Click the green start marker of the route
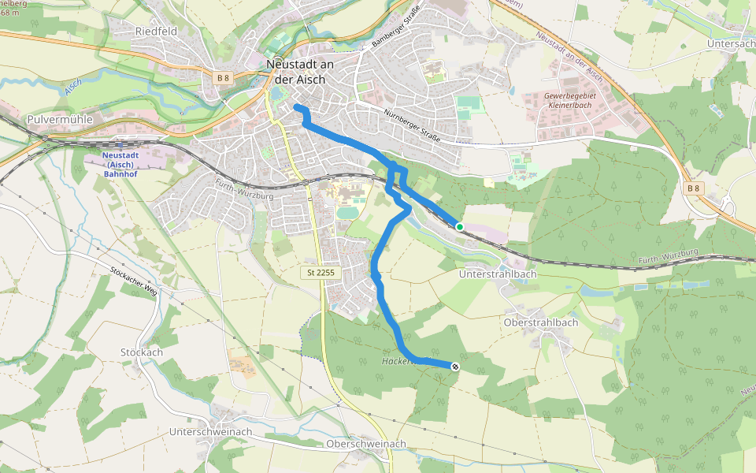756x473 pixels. click(x=460, y=226)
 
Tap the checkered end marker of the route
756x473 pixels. click(x=454, y=366)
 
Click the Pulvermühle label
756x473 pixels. click(x=60, y=119)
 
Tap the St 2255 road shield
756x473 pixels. click(x=320, y=272)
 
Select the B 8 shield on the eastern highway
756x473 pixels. click(x=692, y=188)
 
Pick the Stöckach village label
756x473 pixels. click(x=142, y=352)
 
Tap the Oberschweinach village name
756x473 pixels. click(x=366, y=444)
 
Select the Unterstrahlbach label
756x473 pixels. click(x=498, y=274)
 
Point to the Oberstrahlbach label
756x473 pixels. click(x=540, y=322)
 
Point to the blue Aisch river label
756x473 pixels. click(x=73, y=88)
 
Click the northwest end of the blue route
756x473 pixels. click(x=297, y=106)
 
